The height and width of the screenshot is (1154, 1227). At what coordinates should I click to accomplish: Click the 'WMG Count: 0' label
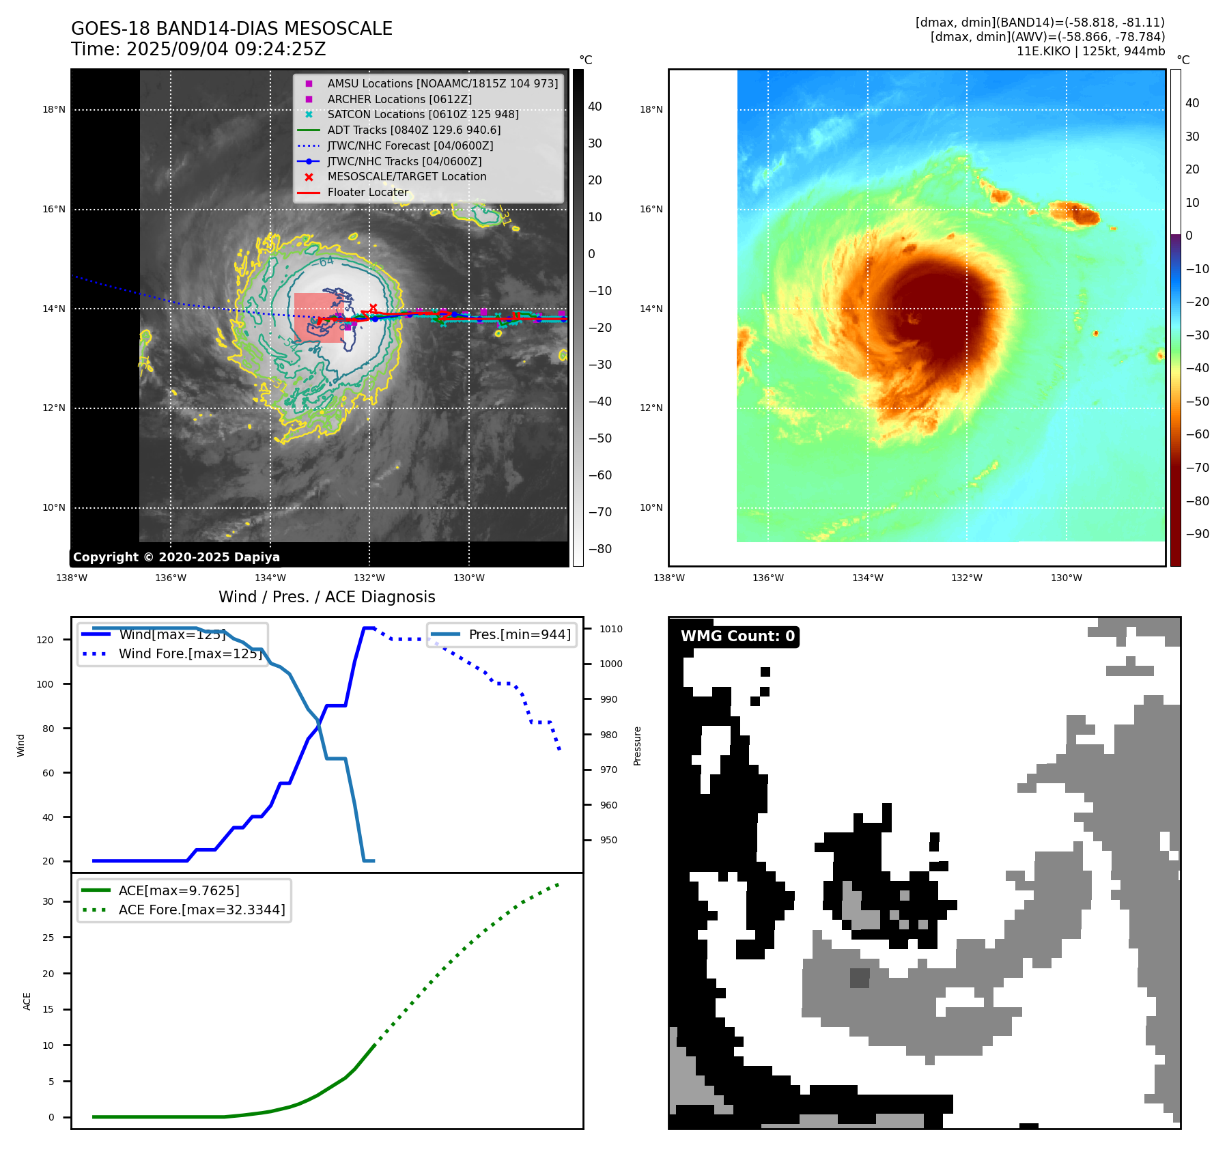[x=737, y=636]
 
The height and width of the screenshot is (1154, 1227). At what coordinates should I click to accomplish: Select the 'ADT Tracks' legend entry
[x=414, y=130]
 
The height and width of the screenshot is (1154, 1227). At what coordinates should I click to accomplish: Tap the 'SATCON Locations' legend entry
[x=423, y=114]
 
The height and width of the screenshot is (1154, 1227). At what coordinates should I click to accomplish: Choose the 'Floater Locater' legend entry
[x=367, y=192]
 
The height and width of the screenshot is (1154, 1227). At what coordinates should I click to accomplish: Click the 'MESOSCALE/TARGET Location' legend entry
[x=407, y=176]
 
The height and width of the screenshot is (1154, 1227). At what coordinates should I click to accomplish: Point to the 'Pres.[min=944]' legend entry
[x=520, y=634]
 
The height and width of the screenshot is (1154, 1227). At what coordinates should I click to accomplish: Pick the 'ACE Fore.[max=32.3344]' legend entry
[x=201, y=910]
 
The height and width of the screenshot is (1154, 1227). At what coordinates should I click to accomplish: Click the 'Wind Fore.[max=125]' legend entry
[x=190, y=653]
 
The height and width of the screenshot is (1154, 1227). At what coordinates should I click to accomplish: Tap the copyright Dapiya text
[x=176, y=557]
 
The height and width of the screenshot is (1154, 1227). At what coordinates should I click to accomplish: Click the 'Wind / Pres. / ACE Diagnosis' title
[x=326, y=597]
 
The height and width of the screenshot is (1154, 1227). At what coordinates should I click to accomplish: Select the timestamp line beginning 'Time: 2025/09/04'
[x=198, y=49]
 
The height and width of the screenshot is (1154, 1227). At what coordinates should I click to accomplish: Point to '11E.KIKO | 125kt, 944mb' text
[x=1090, y=51]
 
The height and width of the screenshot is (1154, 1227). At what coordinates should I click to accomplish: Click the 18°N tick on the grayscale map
[x=54, y=109]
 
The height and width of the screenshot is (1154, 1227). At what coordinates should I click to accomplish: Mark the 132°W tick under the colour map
[x=966, y=578]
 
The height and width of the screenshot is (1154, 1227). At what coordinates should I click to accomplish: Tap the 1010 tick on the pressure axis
[x=611, y=629]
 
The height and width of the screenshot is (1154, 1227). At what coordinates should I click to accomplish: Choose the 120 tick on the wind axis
[x=45, y=640]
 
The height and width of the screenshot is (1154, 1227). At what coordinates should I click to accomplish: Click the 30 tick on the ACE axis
[x=48, y=901]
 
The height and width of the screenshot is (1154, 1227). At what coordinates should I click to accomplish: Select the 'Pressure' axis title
[x=637, y=746]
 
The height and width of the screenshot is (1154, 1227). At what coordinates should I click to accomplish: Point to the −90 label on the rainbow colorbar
[x=1197, y=534]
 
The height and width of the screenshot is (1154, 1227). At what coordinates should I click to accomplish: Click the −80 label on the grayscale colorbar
[x=600, y=549]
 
